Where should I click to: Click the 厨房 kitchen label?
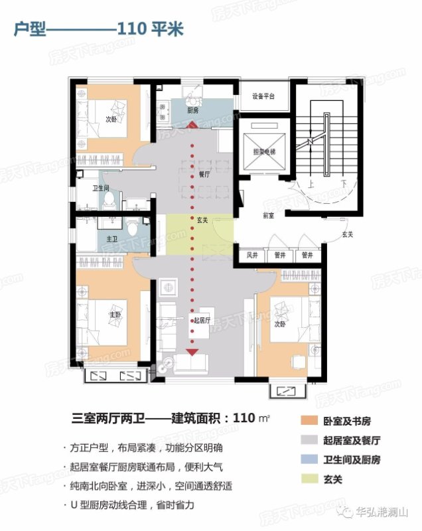pyautogui.click(x=192, y=110)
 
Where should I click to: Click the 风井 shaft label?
pyautogui.click(x=252, y=254)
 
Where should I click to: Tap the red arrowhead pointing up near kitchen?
pyautogui.click(x=192, y=125)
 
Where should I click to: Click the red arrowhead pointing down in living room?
pyautogui.click(x=193, y=352)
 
